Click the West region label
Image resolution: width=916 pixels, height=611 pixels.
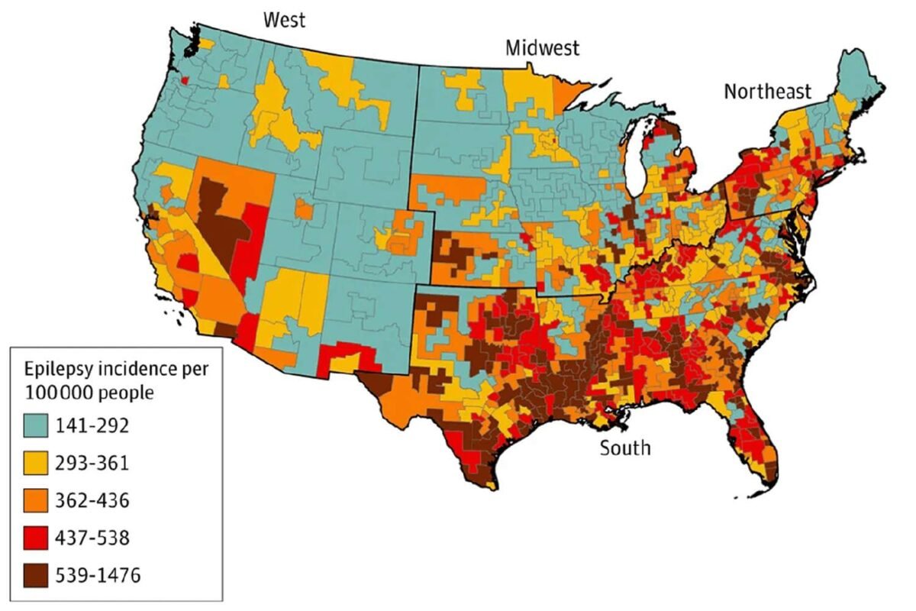pyautogui.click(x=284, y=19)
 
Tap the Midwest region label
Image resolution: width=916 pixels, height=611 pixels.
pyautogui.click(x=542, y=48)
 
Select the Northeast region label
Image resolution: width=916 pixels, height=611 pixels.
pyautogui.click(x=767, y=92)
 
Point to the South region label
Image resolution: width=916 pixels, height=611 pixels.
pyautogui.click(x=624, y=447)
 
